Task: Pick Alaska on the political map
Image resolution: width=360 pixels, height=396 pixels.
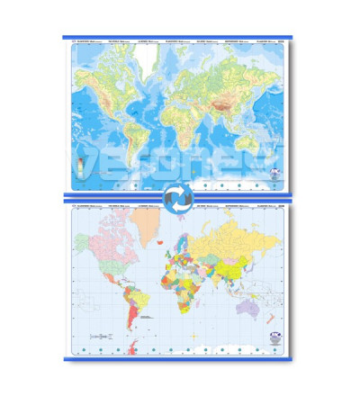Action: click(x=84, y=236)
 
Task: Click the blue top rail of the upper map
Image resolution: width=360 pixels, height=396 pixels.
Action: click(x=180, y=36)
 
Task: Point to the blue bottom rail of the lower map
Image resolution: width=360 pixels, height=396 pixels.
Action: click(x=180, y=358)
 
